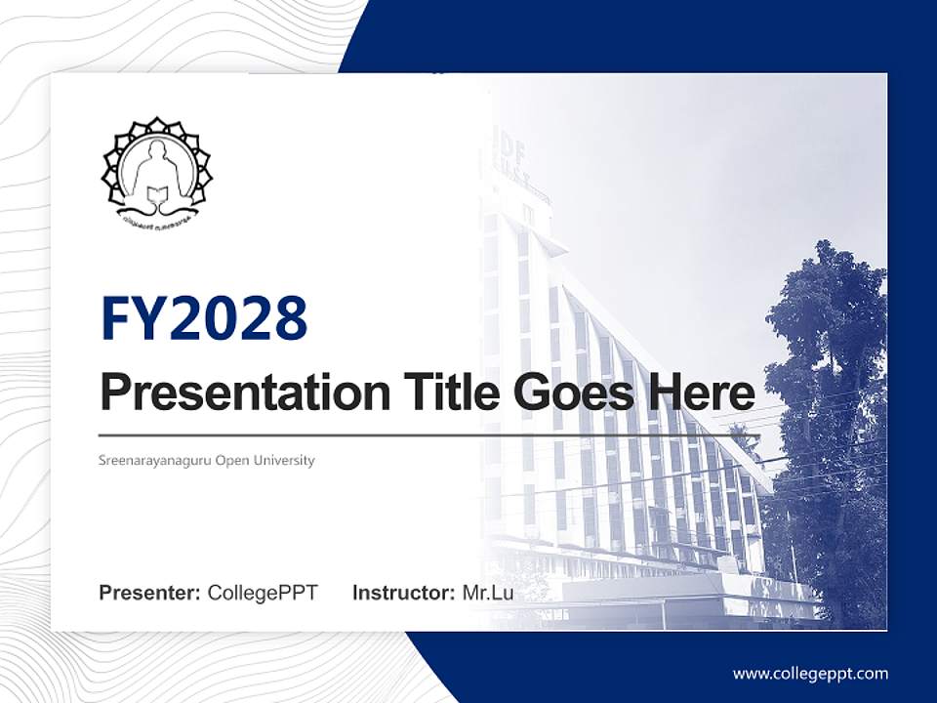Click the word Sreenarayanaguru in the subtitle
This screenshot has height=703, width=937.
coord(154,460)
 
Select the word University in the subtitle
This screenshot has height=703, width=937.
coord(286,460)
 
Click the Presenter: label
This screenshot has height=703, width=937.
coord(150,593)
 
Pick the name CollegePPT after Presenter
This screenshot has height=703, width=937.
coord(263,593)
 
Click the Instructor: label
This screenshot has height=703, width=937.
coord(403,593)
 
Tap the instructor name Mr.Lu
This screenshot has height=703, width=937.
coord(488,593)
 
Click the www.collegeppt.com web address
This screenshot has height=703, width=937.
coord(810,673)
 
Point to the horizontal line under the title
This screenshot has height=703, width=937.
coord(429,435)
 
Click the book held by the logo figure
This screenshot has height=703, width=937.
coord(156,199)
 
